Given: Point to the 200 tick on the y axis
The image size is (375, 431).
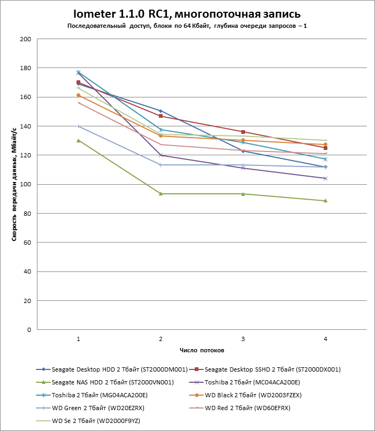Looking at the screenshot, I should coord(25,39).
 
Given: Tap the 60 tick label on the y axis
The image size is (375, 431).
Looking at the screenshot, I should coord(26,243).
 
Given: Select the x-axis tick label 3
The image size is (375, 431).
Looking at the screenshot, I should coord(243,339).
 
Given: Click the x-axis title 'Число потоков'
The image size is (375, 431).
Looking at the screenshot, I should coord(202,350).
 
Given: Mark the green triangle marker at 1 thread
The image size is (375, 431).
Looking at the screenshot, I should coord(79,140).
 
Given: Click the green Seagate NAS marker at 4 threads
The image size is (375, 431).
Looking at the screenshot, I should coord(325,201).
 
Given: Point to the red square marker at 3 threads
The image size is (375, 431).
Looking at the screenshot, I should coord(243,132).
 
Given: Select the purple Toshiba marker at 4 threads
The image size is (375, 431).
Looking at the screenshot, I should coord(325,178).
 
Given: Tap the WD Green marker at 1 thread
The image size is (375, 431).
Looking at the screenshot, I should coord(79,126).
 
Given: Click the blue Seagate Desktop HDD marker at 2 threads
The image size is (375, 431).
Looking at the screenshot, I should coord(160,111).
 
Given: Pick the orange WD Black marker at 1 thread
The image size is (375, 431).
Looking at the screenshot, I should coord(79,95).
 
